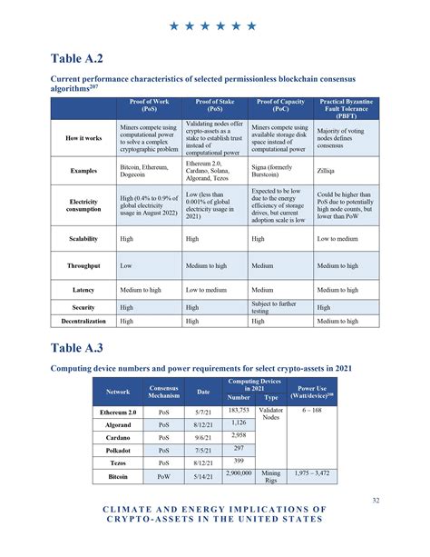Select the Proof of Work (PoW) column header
[149, 107]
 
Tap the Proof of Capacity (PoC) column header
[279, 107]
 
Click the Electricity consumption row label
[83, 204]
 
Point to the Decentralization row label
[83, 321]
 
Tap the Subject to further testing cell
[278, 307]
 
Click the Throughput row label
[83, 266]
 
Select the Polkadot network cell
[118, 450]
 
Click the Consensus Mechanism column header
[164, 393]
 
